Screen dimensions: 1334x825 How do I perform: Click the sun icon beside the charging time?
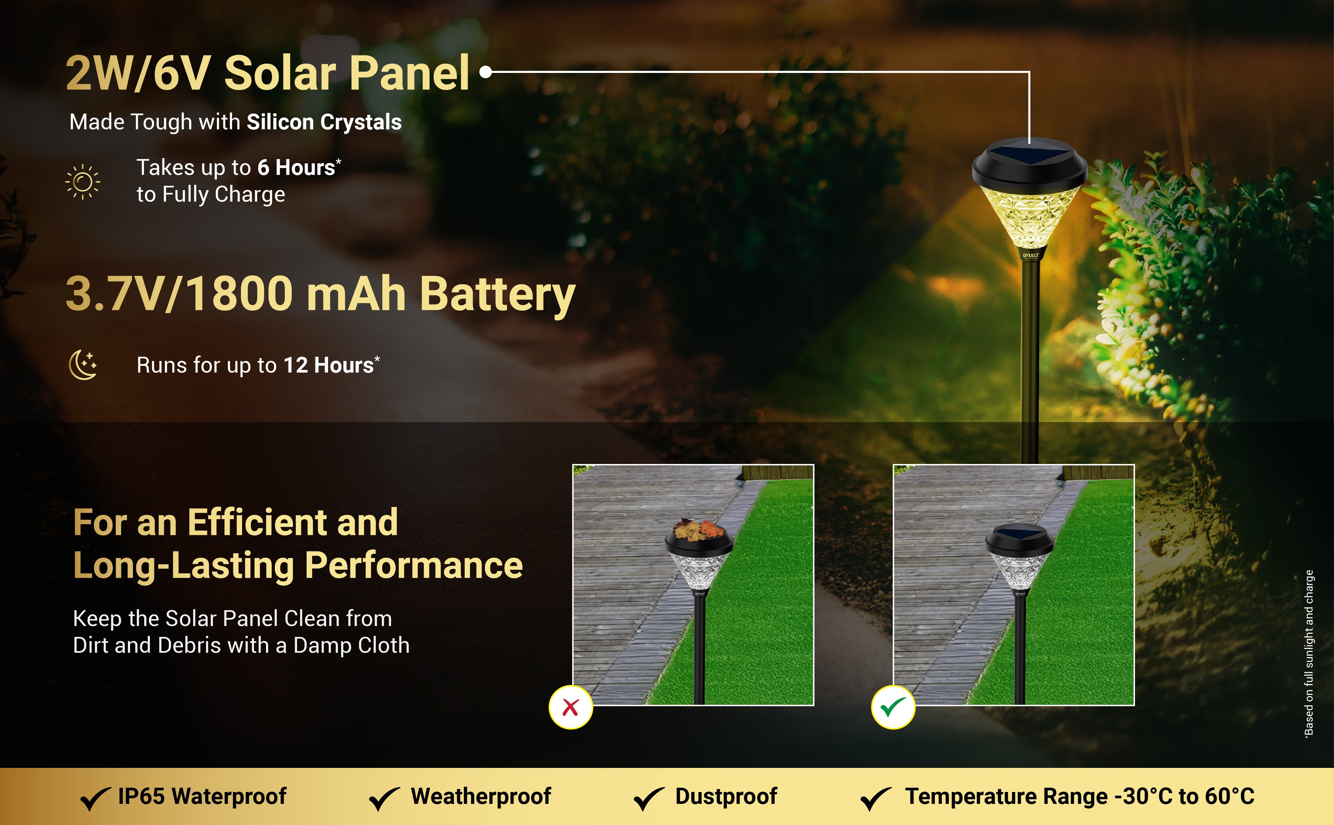point(83,182)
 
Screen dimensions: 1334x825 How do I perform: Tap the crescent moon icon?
point(83,364)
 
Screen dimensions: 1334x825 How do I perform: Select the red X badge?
point(571,707)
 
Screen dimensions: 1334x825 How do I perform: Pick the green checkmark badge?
point(893,707)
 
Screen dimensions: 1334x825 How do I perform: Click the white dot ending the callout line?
point(485,72)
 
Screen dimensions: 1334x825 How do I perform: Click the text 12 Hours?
point(328,365)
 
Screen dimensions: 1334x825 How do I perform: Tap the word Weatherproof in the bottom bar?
point(481,796)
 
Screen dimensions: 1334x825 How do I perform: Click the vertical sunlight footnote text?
point(1308,654)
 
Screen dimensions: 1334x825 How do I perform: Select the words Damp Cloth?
point(351,645)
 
